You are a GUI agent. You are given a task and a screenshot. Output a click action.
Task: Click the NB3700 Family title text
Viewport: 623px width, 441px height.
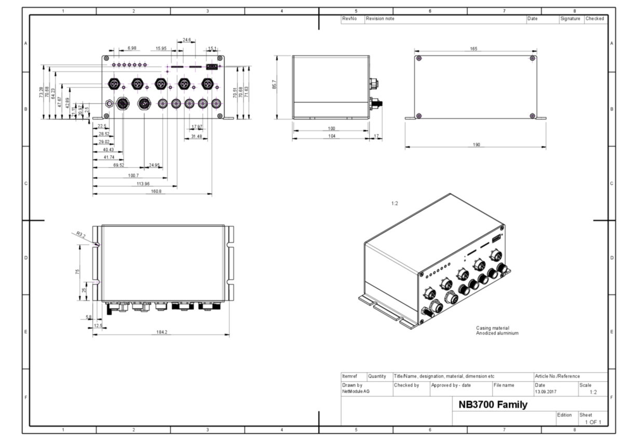click(x=493, y=404)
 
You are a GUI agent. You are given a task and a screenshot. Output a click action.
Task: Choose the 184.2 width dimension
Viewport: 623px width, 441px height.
click(x=162, y=332)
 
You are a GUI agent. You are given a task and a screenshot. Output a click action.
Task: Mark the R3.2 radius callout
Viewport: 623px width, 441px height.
click(x=80, y=235)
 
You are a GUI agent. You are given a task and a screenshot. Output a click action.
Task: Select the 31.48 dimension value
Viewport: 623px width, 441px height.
click(x=196, y=136)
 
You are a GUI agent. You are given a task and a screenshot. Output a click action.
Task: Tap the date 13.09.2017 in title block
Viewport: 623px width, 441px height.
click(x=545, y=391)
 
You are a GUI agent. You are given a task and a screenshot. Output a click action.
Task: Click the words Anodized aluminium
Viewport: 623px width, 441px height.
click(x=497, y=333)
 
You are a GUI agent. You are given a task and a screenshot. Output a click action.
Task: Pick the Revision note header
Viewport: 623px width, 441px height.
click(x=381, y=19)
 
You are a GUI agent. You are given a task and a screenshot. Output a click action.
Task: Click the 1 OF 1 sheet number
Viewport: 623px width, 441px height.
click(x=593, y=422)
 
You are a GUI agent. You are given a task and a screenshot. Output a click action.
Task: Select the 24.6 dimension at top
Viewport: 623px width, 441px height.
click(x=187, y=39)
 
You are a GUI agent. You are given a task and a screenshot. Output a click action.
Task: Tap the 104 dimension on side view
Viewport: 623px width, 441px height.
click(x=332, y=136)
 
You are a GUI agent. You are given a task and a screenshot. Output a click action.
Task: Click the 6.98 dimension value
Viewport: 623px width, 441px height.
click(x=131, y=48)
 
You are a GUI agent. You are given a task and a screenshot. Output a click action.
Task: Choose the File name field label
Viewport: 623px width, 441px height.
click(x=504, y=385)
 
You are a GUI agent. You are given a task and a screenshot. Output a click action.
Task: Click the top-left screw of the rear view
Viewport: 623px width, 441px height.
click(x=419, y=58)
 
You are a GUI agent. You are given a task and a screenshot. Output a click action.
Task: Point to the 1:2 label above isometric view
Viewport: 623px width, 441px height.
click(x=395, y=204)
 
